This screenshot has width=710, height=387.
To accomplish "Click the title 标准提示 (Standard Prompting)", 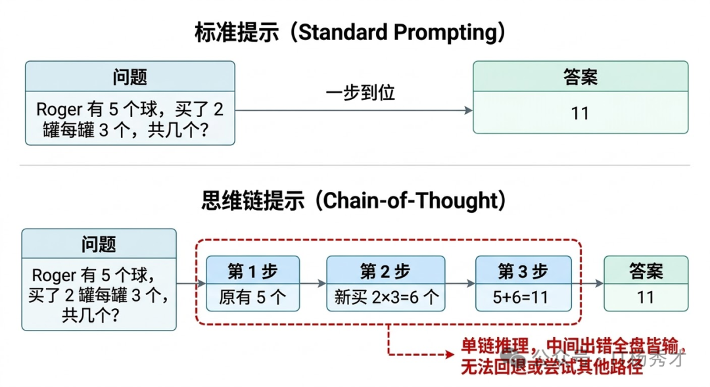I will (350, 33).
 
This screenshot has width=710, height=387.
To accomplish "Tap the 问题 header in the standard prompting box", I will (130, 76).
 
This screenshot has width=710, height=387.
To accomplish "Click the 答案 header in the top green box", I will (580, 76).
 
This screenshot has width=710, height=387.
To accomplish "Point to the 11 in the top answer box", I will (580, 114).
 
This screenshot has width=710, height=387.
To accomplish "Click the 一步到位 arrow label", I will (360, 93).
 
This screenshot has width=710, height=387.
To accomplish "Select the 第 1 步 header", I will (252, 271).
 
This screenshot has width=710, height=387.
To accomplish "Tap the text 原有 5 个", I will (252, 297).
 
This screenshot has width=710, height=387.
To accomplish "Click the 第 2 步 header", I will (385, 271).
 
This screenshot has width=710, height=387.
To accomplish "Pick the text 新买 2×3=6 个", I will (385, 297).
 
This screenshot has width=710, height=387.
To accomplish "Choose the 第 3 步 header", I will (523, 271).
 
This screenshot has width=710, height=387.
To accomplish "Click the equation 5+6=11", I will (523, 297).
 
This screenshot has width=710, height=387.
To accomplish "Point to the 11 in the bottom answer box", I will (646, 297).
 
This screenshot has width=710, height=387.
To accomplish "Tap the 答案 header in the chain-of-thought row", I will (646, 271).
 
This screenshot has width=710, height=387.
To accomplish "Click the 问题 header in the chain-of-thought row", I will (99, 244).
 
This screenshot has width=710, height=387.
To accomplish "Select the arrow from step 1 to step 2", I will (313, 284).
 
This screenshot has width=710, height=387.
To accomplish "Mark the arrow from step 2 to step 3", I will (460, 284).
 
